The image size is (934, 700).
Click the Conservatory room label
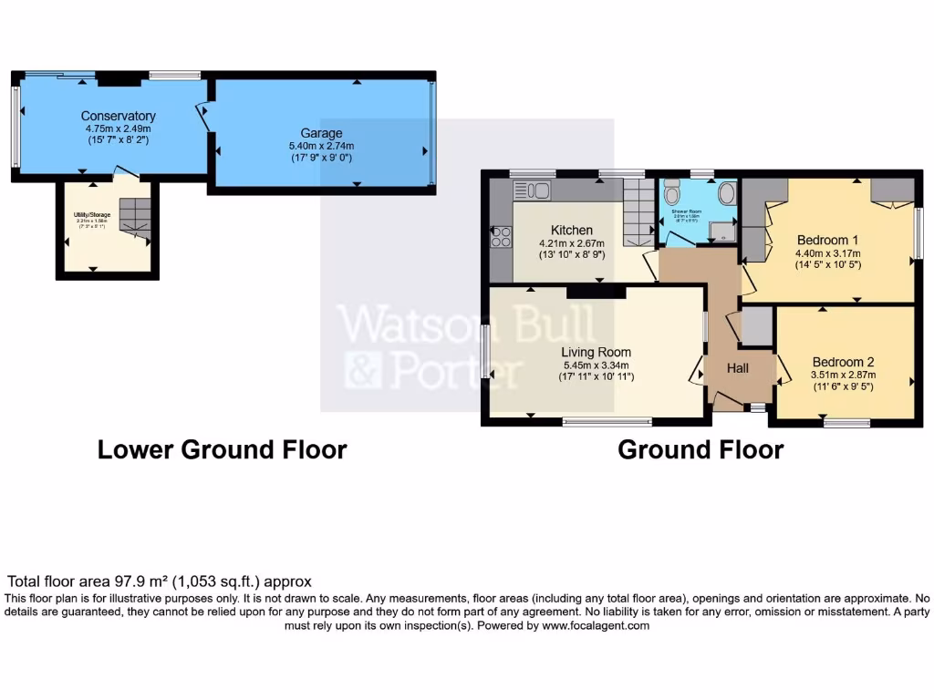point(118,116)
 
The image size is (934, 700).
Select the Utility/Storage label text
point(91,215)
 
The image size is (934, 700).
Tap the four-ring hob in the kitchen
point(501,237)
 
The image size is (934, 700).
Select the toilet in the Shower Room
point(672,193)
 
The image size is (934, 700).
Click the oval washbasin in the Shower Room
point(728,194)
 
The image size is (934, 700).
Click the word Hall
point(738,368)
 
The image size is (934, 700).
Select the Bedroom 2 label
point(843,361)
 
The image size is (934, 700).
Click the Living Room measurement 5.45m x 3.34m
point(596,365)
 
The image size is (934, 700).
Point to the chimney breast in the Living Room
point(596,292)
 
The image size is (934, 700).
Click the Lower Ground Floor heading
point(222,449)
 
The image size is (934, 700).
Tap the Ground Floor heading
point(700,449)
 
